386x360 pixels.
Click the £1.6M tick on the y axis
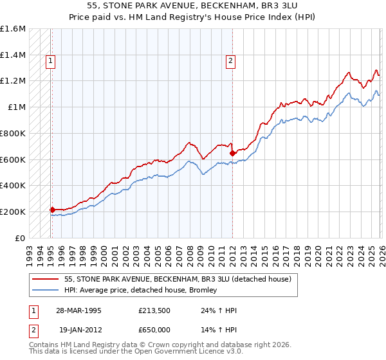coord(14,29)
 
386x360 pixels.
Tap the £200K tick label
coord(14,212)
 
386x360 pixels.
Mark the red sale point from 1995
coord(52,210)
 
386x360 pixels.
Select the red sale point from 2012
coord(232,153)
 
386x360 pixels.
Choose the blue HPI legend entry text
coord(141,290)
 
